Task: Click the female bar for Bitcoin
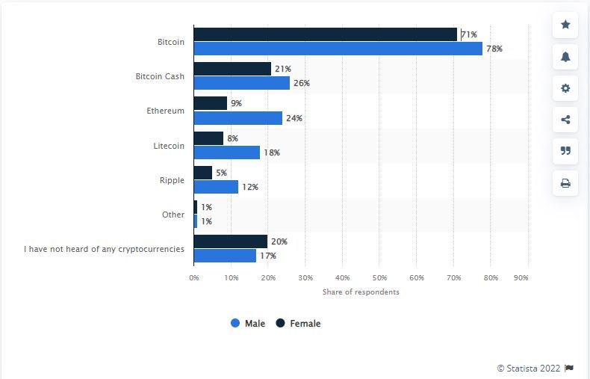tap(325, 34)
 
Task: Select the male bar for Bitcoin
tap(338, 49)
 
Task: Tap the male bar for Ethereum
tap(237, 118)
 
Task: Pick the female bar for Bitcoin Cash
tap(232, 69)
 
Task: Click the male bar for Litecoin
tap(226, 152)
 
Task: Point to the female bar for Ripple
tap(202, 173)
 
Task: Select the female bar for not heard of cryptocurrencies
tap(230, 241)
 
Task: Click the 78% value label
tap(494, 49)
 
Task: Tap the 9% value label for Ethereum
tap(236, 103)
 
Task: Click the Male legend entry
tap(248, 324)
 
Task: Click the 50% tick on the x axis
tap(379, 278)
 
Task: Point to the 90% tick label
tap(521, 278)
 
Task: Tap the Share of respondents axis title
tap(361, 292)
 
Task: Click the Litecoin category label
tap(168, 146)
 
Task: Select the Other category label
tap(173, 215)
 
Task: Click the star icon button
tap(565, 25)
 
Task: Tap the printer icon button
tap(565, 183)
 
